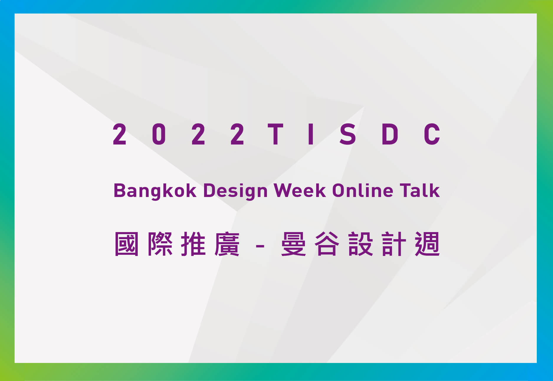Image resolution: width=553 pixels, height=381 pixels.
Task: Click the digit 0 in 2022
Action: (159, 134)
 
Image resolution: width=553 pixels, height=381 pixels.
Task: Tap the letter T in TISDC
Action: (275, 134)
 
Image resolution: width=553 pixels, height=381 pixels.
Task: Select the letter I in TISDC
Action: (310, 134)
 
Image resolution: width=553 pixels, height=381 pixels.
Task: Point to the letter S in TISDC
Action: (348, 134)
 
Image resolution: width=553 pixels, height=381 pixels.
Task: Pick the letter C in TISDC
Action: (432, 134)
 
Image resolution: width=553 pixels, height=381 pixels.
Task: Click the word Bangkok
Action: (155, 191)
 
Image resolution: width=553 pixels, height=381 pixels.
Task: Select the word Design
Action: (235, 191)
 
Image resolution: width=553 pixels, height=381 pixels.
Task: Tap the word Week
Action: (300, 190)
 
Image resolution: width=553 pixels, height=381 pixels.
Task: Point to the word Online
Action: (363, 190)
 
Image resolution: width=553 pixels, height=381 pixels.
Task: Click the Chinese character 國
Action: (127, 244)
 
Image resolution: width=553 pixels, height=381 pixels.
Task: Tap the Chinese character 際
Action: (160, 244)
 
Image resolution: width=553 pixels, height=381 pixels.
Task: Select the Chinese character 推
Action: (193, 244)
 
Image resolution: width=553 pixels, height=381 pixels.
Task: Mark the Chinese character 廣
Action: (227, 244)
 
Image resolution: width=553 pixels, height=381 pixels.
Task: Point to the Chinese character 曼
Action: (293, 244)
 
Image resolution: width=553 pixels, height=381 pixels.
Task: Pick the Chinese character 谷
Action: (327, 244)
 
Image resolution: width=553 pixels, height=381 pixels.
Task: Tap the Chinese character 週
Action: (427, 244)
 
